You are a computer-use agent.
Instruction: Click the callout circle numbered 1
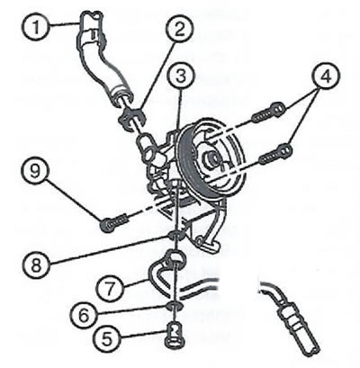click(x=36, y=28)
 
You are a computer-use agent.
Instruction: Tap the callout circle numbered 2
click(x=179, y=29)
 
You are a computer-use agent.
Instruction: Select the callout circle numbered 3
click(x=181, y=76)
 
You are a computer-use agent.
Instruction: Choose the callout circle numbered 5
click(x=107, y=339)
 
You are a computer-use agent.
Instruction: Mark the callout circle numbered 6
click(x=84, y=315)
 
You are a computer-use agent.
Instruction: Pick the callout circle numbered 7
click(x=110, y=289)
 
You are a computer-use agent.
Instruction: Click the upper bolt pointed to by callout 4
click(x=268, y=112)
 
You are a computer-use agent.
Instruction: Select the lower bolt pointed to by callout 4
click(x=275, y=154)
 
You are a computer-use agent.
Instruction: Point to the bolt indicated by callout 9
click(x=114, y=223)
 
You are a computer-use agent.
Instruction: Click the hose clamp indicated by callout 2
click(x=132, y=119)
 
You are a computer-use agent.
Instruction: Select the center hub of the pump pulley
click(x=211, y=158)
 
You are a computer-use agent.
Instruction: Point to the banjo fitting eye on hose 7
click(x=175, y=257)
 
